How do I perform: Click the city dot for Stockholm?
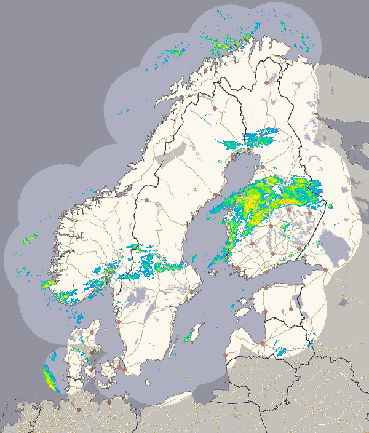coord(191,292)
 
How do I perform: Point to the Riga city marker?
coord(263,343)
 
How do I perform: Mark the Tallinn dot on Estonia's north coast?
coord(266,289)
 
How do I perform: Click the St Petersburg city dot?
coord(325,270)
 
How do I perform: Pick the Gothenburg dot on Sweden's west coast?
coord(118,321)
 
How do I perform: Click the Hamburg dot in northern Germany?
coord(79,409)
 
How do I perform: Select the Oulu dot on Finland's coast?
coord(263,167)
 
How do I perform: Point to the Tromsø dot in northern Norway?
coord(204,70)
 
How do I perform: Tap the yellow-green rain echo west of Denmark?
coord(49,376)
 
